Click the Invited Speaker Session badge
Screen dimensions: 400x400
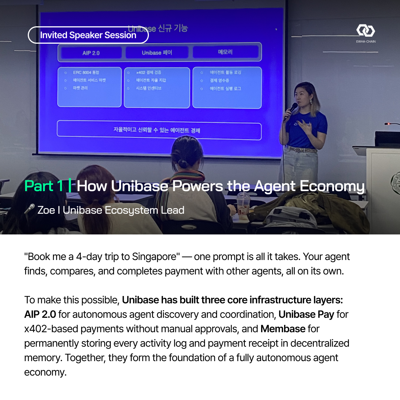coord(88,35)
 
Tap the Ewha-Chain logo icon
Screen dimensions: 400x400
coord(366,31)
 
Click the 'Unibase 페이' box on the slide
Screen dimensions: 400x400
coord(157,53)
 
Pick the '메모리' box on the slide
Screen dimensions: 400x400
coord(225,52)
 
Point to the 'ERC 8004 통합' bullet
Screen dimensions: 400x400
coord(86,73)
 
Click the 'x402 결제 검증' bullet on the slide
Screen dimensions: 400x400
coord(149,73)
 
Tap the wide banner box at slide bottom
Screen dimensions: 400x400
coord(159,130)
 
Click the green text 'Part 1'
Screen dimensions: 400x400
coord(44,186)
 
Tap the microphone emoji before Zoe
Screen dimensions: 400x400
coord(29,210)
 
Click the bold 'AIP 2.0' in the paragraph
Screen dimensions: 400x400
coord(40,314)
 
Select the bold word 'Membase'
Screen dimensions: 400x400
coord(283,329)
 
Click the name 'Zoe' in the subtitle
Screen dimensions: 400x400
coord(46,210)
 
